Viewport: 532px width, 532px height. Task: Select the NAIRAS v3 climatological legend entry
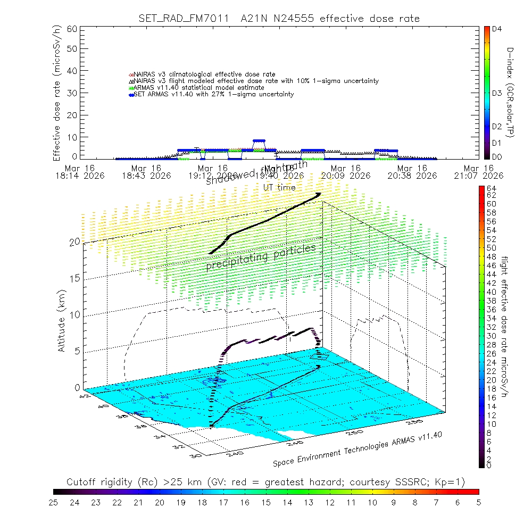point(205,74)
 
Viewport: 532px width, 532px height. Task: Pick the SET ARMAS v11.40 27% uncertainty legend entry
point(213,94)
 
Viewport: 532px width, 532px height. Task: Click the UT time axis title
point(279,187)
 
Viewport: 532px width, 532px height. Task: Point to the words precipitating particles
point(261,256)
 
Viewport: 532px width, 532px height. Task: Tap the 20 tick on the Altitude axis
point(74,242)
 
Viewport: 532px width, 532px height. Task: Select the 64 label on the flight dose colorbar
point(491,188)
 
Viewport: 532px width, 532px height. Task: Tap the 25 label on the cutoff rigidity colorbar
point(53,501)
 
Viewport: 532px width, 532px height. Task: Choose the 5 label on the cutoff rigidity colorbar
point(478,501)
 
